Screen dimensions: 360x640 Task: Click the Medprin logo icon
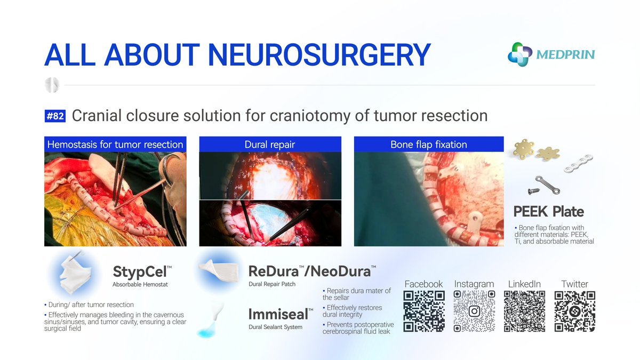pos(519,54)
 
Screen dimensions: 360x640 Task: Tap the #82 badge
pos(55,116)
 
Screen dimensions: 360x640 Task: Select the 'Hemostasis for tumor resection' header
pos(115,145)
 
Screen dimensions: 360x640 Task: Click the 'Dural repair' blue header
pos(270,145)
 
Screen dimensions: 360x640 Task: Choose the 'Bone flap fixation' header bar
pos(429,145)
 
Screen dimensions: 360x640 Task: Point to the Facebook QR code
pos(424,311)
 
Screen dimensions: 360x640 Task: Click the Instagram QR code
pos(474,311)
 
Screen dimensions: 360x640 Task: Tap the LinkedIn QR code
pos(524,311)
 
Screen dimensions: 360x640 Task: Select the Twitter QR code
pos(574,311)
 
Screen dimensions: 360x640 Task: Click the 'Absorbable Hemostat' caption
pos(140,284)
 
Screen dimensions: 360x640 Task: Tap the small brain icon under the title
pos(52,85)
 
